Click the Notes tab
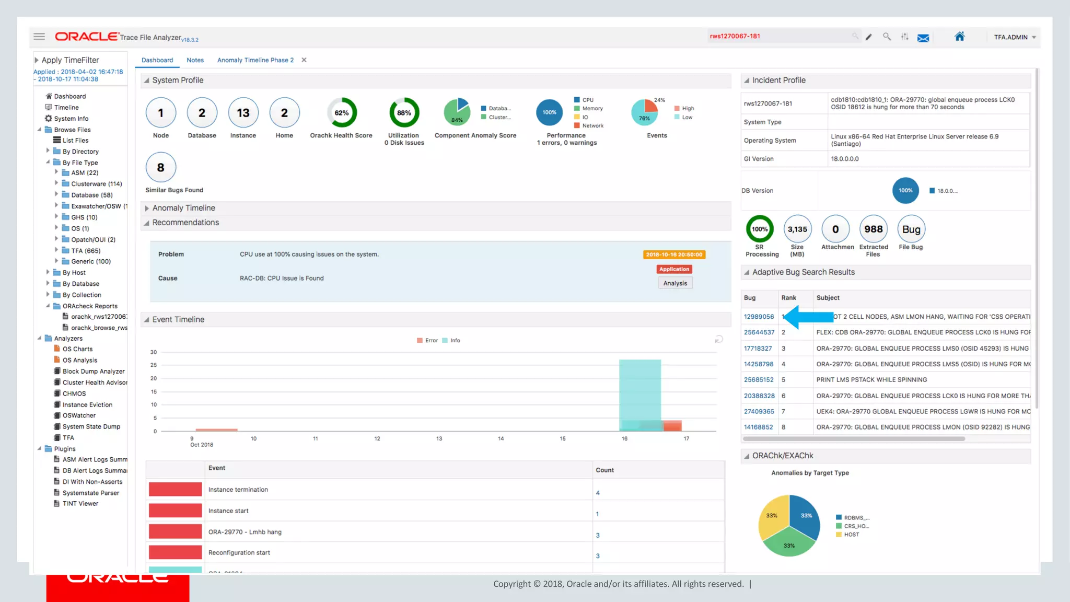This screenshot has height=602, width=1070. [x=195, y=60]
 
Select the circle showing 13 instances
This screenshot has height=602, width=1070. [x=243, y=113]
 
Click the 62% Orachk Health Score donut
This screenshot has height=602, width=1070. [x=342, y=113]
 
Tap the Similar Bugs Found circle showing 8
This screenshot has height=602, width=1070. [x=160, y=167]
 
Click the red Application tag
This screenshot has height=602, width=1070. [x=674, y=269]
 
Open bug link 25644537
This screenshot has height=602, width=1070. [x=759, y=332]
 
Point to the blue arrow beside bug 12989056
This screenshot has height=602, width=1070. [x=808, y=317]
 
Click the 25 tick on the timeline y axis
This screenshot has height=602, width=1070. [x=154, y=365]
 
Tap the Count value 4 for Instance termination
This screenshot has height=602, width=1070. [x=598, y=493]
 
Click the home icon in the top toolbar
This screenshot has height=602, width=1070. [x=959, y=37]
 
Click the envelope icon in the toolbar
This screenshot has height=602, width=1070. [x=923, y=38]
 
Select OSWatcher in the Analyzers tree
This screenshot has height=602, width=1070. [x=79, y=415]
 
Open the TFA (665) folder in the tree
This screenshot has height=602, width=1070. [x=85, y=251]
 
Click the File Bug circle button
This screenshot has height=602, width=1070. [x=911, y=229]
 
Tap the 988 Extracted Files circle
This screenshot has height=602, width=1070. [x=873, y=229]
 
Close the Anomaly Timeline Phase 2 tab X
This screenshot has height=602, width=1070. [x=304, y=60]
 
